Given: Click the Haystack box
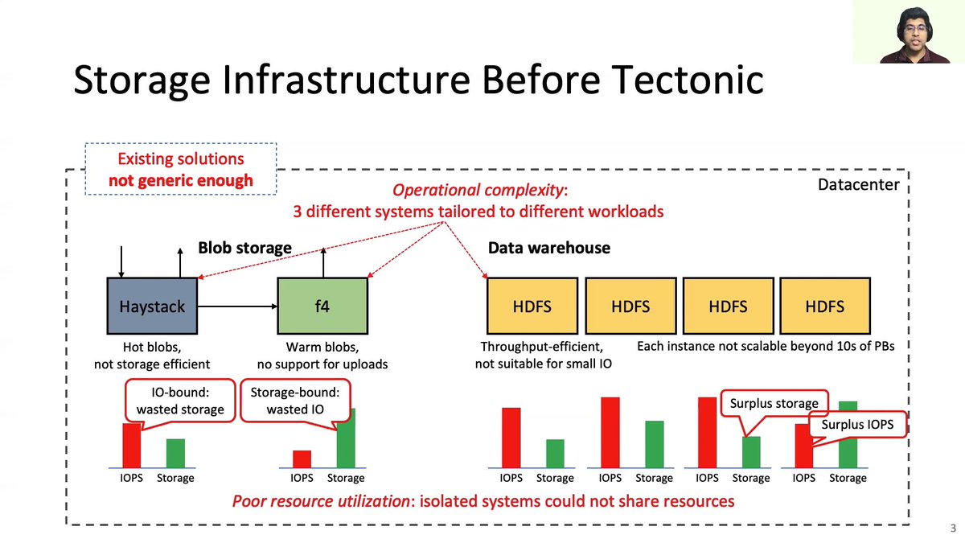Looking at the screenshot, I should pyautogui.click(x=152, y=306).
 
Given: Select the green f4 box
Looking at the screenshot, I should pyautogui.click(x=322, y=306).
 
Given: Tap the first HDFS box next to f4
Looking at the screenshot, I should pyautogui.click(x=532, y=306).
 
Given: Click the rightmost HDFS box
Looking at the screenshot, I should pyautogui.click(x=824, y=306).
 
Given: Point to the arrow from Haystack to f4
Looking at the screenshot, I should pyautogui.click(x=237, y=306).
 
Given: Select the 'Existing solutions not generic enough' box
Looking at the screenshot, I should pyautogui.click(x=181, y=170).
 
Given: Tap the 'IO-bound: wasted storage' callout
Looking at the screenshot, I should pyautogui.click(x=180, y=401).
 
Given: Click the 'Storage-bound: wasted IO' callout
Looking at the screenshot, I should pyautogui.click(x=295, y=401).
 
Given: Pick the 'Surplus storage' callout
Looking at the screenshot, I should pyautogui.click(x=774, y=403).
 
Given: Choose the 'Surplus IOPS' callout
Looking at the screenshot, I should pyautogui.click(x=857, y=425).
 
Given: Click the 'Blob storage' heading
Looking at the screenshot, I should pyautogui.click(x=244, y=248).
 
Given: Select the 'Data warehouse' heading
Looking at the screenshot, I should pyautogui.click(x=548, y=248).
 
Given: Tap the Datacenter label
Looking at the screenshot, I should pyautogui.click(x=857, y=185).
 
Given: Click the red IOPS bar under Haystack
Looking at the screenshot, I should pyautogui.click(x=131, y=446).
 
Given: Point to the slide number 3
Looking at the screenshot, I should pyautogui.click(x=952, y=529).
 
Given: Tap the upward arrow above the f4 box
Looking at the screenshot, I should pyautogui.click(x=322, y=261).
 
